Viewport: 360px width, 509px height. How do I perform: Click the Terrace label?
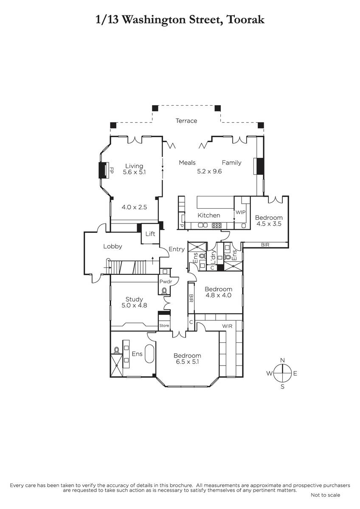186,120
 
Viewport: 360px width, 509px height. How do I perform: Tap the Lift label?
150,234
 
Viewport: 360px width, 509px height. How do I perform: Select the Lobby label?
112,246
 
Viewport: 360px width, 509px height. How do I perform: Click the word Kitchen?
209,215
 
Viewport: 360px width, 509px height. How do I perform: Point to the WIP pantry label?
241,212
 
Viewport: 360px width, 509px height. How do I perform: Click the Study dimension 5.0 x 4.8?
134,305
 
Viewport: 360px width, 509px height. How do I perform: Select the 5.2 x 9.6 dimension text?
209,171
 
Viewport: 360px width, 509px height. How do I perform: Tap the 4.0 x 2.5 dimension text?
134,207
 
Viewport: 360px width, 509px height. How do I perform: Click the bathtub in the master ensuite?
149,354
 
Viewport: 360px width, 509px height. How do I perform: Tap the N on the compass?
282,360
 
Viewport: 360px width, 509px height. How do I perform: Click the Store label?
164,326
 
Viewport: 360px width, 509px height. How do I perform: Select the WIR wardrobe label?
227,326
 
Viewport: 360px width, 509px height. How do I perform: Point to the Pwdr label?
166,282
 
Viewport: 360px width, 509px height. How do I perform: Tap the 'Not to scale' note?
325,495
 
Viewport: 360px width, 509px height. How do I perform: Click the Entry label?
177,249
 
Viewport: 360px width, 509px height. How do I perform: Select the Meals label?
187,163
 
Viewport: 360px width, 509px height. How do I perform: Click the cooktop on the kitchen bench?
217,225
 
